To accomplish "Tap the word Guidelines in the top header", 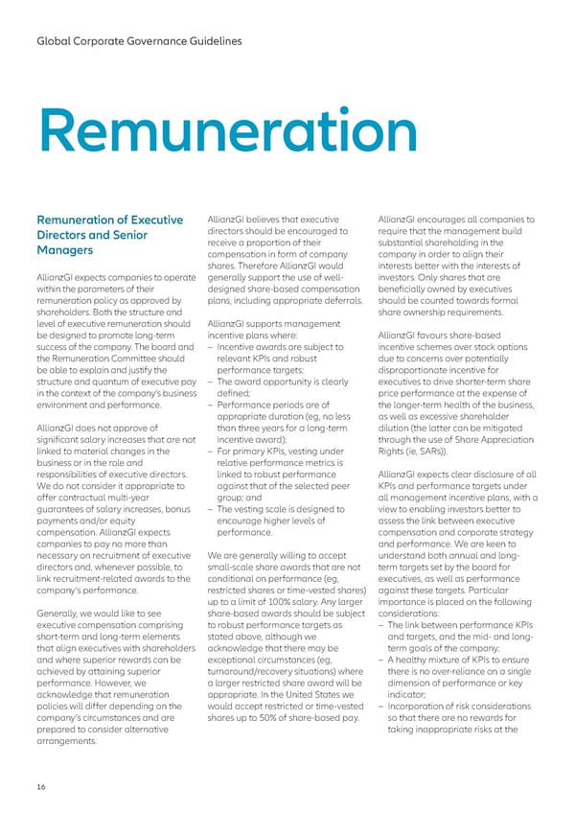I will tap(209, 41).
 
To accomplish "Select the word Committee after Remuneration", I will tap(141, 359).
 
